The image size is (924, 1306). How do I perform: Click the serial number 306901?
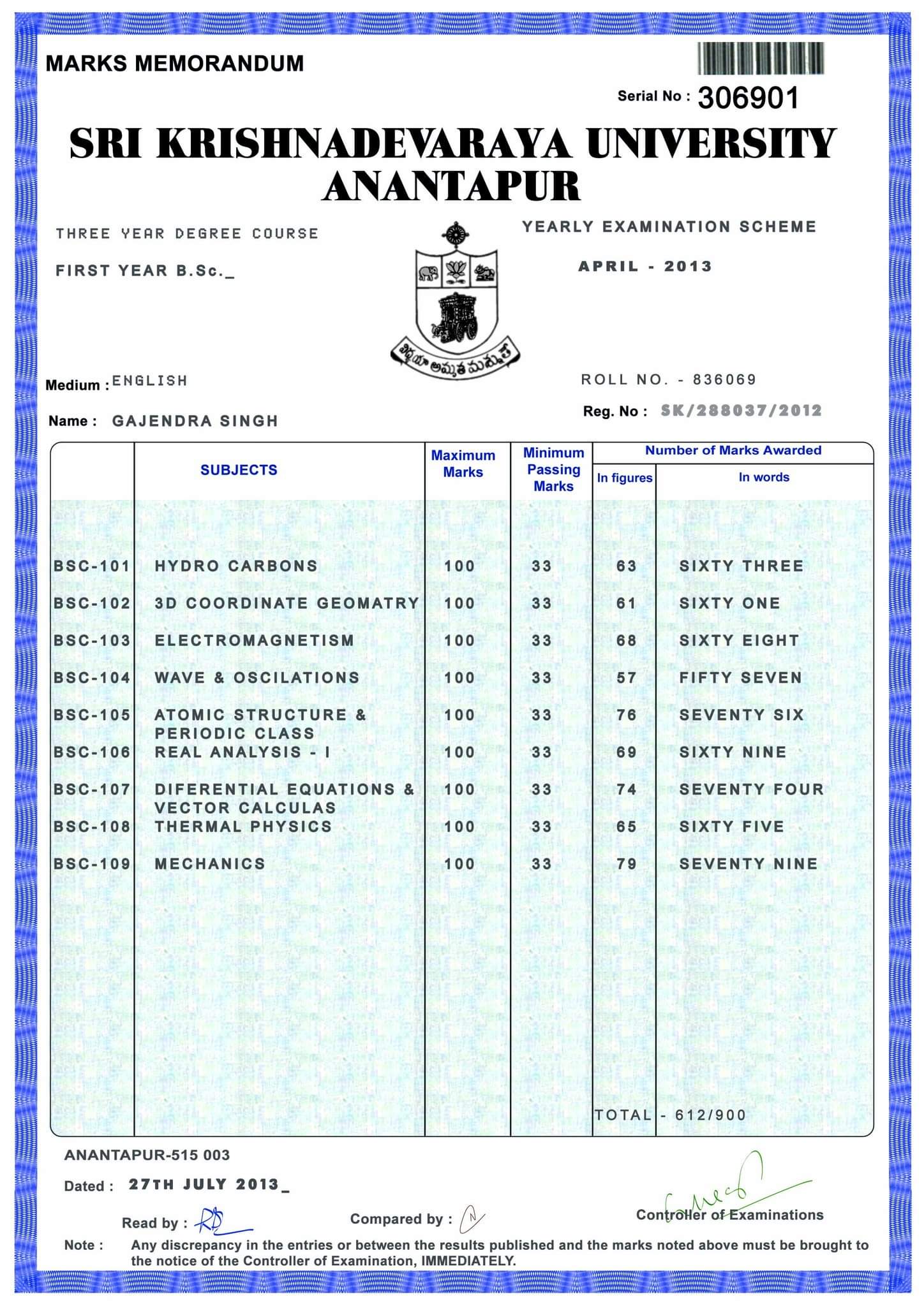748,98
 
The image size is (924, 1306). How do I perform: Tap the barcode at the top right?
760,59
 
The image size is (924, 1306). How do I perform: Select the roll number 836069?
724,379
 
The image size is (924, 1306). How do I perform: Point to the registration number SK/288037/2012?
741,411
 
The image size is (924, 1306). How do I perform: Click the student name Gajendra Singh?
195,421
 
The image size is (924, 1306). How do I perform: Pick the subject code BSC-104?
92,678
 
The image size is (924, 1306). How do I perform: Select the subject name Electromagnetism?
254,640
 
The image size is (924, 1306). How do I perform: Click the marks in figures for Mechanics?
626,864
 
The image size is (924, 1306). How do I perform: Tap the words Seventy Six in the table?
741,715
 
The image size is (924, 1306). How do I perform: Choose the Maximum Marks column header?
463,464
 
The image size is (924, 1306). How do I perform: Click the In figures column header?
624,478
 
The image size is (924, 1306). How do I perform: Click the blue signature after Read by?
220,1221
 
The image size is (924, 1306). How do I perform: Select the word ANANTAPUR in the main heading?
451,186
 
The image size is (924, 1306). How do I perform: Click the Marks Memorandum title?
175,64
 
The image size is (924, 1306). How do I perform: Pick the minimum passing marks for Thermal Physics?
541,826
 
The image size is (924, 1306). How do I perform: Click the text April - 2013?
645,266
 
